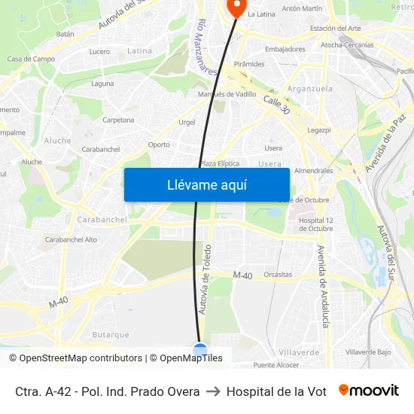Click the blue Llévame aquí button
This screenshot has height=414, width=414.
pos(206,184)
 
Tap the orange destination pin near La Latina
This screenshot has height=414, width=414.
pos(236,8)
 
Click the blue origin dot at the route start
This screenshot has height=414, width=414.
pos(200,350)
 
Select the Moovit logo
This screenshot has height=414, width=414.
pos(368,391)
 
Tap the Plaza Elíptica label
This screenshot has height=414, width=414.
pos(219,163)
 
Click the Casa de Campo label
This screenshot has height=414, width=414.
pos(31,59)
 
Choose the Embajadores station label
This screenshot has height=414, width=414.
pos(285,49)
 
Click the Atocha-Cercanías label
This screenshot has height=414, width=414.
pos(347,45)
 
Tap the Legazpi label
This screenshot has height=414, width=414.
pos(319,129)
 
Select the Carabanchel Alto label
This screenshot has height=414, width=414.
pos(71,239)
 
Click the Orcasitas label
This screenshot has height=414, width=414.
pos(279,275)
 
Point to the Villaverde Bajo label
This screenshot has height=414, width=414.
pos(368,352)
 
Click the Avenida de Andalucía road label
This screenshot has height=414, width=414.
pos(322,286)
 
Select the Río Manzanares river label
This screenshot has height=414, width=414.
pos(207,47)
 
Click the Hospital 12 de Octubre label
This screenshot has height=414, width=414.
pos(315,224)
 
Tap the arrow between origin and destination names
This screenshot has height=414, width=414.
pos(213,391)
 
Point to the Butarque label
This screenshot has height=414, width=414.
pos(111,335)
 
